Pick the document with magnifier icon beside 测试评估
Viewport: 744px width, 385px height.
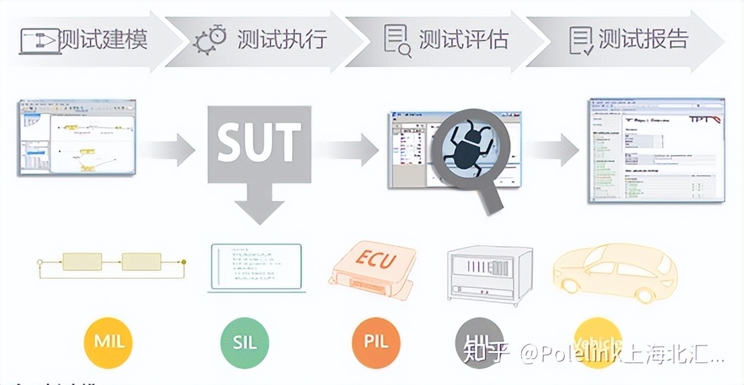[x=397, y=39]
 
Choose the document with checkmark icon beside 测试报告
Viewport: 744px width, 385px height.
[x=581, y=40]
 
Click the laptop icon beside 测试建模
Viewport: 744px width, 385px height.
[x=40, y=40]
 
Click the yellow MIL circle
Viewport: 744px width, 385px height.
[x=107, y=342]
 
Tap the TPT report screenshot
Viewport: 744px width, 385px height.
[x=656, y=150]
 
